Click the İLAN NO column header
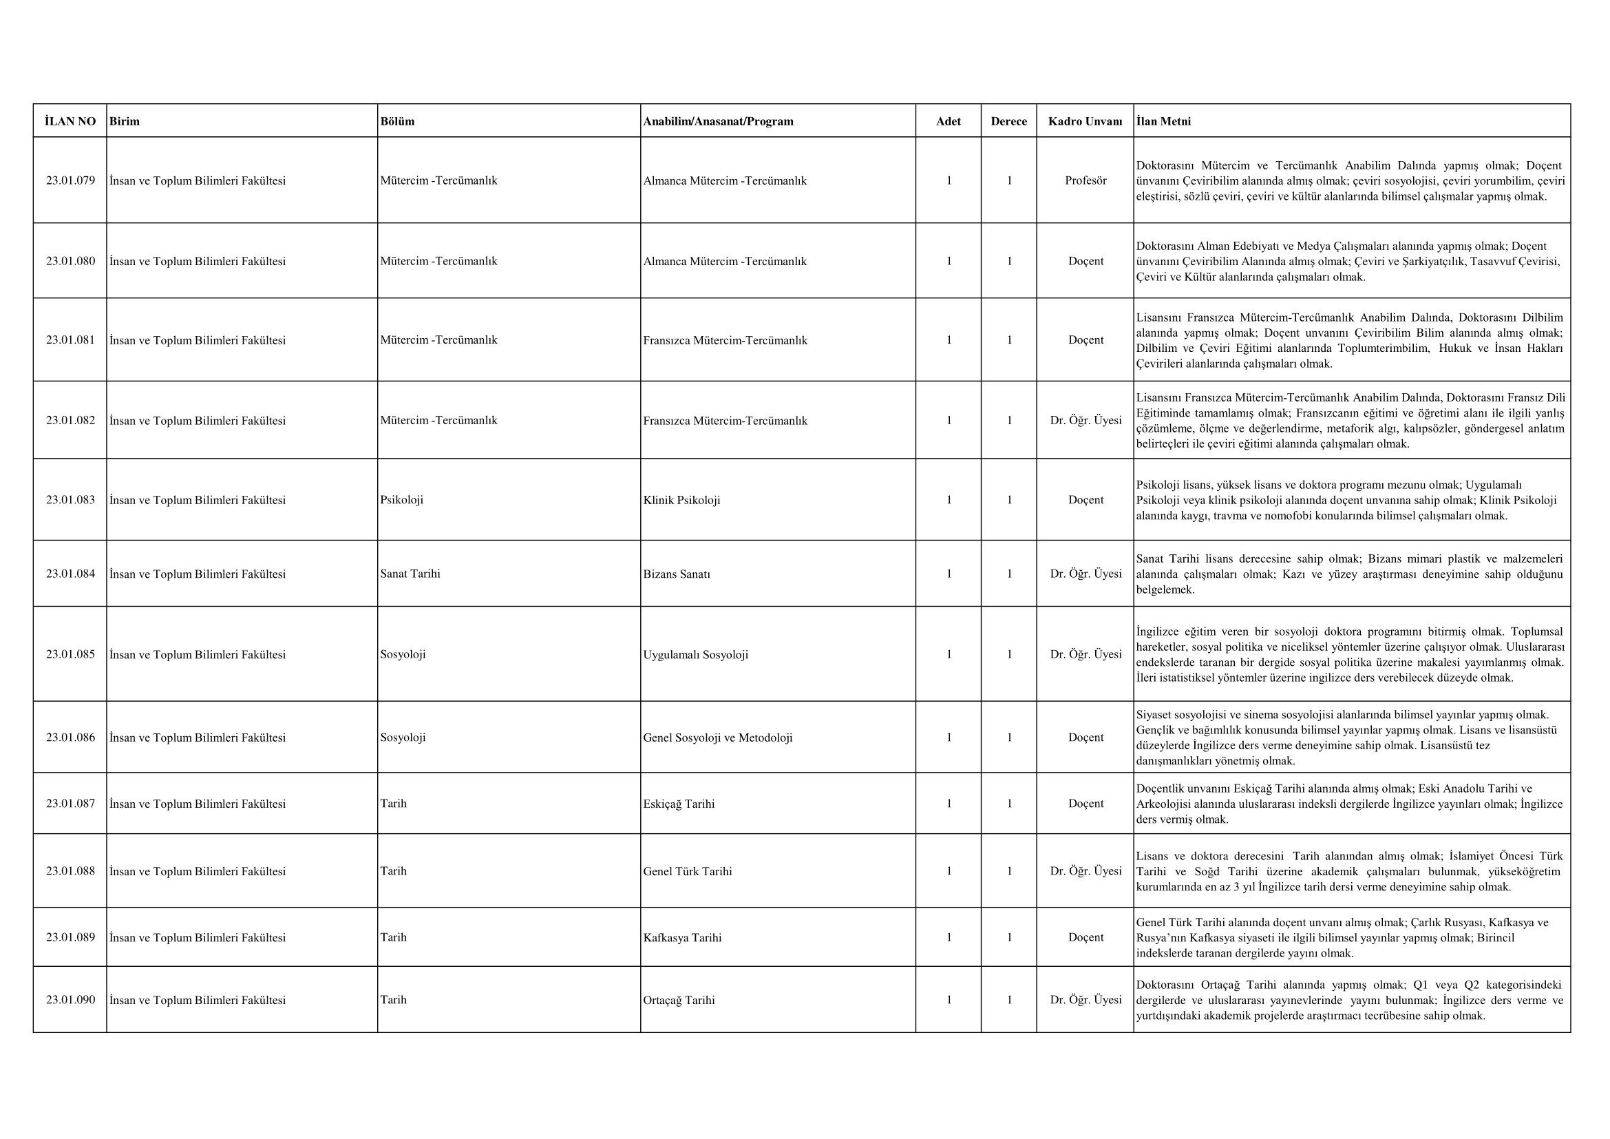[x=70, y=121]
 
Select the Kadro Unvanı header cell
[x=1085, y=121]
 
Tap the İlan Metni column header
[x=1163, y=121]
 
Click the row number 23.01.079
[x=70, y=180]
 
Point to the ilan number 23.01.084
[x=70, y=574]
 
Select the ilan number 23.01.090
[x=70, y=999]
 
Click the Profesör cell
[x=1085, y=180]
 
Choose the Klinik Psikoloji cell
[x=681, y=500]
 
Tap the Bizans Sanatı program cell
[x=677, y=574]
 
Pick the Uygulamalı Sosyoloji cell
[x=696, y=654]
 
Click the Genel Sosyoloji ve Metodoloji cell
[x=718, y=737]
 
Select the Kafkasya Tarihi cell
[x=682, y=937]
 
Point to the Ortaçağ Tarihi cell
[x=679, y=999]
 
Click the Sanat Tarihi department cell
[x=410, y=574]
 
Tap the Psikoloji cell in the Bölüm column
[x=402, y=500]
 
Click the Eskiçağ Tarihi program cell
[x=679, y=804]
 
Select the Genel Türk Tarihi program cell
[x=687, y=871]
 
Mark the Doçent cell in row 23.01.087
[x=1085, y=804]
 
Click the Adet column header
[x=948, y=121]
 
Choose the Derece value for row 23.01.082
[x=1009, y=420]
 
